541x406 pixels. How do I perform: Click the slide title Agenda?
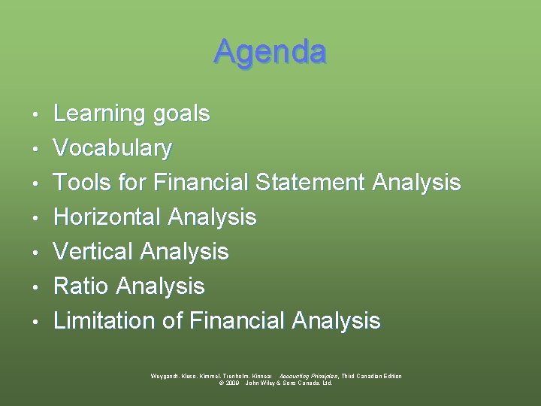[270, 52]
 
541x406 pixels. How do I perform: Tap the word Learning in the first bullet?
[100, 114]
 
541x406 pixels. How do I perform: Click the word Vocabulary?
[113, 148]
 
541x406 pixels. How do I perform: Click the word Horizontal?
[107, 217]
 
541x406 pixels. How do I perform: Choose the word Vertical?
[94, 251]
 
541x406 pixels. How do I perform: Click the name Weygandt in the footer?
[165, 376]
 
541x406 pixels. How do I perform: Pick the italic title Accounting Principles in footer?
[308, 376]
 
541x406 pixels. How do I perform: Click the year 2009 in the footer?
[231, 383]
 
